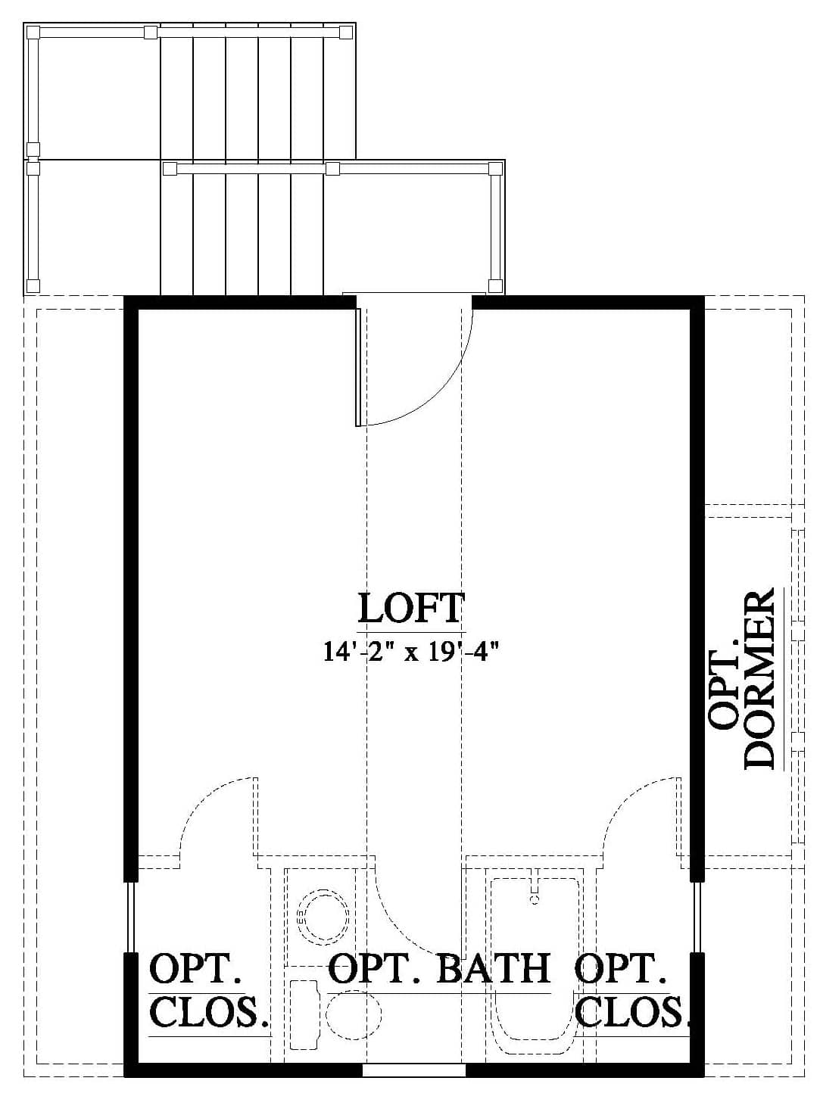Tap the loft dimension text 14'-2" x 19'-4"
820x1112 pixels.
coord(410,651)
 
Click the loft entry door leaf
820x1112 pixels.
coord(357,367)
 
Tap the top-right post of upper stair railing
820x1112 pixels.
coord(346,33)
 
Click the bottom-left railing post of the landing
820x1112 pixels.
coord(33,285)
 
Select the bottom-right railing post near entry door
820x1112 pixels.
coord(495,285)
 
